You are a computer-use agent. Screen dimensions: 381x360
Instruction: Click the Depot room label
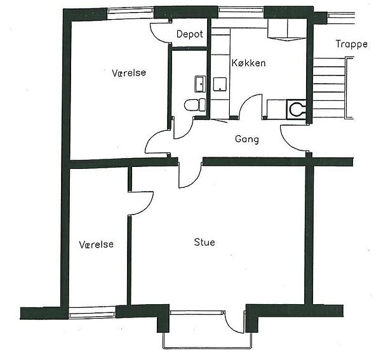tap(189, 34)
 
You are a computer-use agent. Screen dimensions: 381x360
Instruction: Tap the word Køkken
tap(248, 63)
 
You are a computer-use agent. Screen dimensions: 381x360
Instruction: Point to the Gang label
tap(247, 140)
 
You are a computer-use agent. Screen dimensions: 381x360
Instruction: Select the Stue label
tap(204, 242)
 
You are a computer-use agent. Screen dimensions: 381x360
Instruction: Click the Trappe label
tap(351, 44)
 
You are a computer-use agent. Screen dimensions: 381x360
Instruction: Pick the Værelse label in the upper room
tap(129, 72)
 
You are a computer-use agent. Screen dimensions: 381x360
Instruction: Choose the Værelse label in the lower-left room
tap(97, 244)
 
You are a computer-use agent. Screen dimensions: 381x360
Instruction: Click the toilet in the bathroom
tap(195, 105)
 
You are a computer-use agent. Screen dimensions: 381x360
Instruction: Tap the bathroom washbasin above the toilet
tap(200, 84)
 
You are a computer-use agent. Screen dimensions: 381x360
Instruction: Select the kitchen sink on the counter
tap(220, 84)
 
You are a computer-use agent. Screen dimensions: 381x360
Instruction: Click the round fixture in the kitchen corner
tap(296, 109)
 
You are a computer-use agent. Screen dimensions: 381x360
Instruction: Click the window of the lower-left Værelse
tap(92, 312)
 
